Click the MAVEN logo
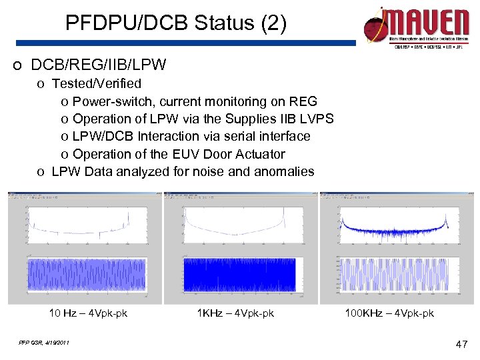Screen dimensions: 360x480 416,29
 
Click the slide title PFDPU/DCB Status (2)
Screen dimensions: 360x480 176,24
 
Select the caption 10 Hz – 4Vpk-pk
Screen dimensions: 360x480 88,313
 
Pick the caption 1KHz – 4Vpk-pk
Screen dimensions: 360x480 235,313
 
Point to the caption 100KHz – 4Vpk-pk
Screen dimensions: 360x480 389,313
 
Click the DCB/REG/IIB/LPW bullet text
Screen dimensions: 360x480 99,65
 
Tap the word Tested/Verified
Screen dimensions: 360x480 97,83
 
